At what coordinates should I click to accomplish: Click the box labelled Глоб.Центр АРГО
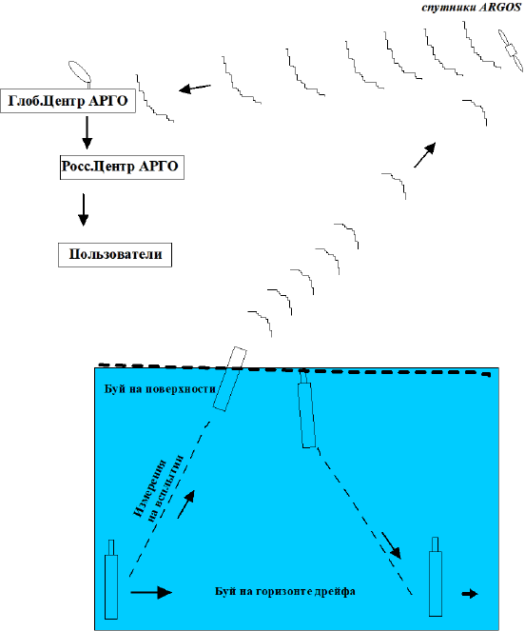coord(68,101)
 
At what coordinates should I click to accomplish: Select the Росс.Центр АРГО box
coord(122,167)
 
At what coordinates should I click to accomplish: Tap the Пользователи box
coord(115,255)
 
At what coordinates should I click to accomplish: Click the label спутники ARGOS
coord(472,8)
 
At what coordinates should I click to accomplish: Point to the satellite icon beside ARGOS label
coord(511,50)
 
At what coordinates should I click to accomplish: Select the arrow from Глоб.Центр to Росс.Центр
coord(87,133)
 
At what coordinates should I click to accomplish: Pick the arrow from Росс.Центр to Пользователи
coord(84,209)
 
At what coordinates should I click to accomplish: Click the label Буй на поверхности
coord(160,389)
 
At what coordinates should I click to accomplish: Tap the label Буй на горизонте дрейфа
coord(284,591)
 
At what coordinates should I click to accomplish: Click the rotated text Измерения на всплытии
coord(158,488)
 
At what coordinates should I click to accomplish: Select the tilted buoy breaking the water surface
coord(230,379)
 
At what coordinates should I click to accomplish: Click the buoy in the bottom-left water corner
coord(111,580)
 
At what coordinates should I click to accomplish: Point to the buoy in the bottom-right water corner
coord(436,576)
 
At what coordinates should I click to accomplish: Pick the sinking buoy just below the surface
coord(306,409)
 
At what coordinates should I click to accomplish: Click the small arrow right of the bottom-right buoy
coord(470,594)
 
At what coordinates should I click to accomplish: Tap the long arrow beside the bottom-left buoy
coord(151,592)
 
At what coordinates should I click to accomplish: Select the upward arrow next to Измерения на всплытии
coord(186,504)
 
